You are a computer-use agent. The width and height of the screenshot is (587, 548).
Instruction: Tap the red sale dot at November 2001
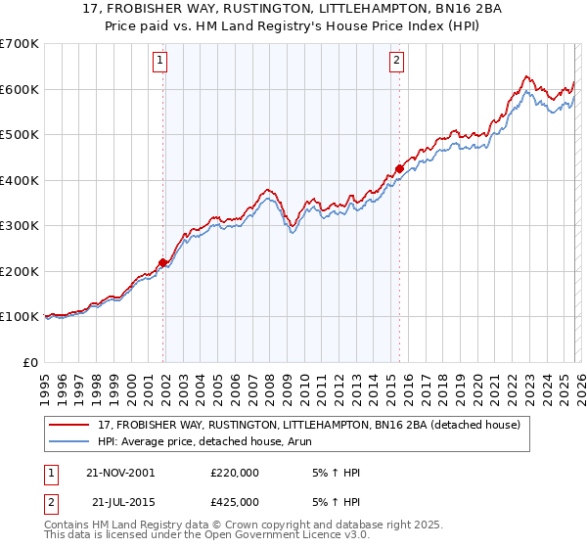click(162, 261)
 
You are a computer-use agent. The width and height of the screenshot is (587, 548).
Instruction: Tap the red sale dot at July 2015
click(399, 168)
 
